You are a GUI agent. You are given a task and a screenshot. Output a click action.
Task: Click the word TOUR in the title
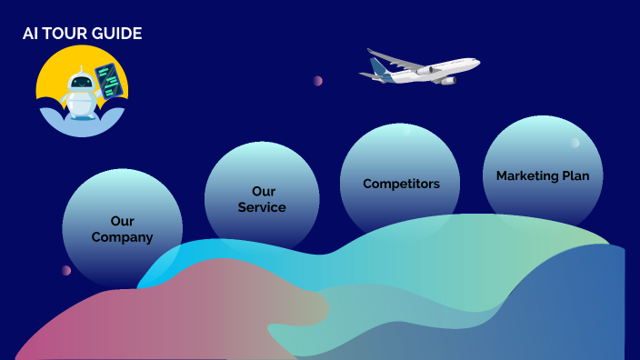pos(66,34)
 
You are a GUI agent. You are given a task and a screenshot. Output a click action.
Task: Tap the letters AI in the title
pos(30,34)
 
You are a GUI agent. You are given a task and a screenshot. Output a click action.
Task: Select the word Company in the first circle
pos(122,237)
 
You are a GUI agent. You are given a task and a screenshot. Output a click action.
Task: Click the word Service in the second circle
pos(262,207)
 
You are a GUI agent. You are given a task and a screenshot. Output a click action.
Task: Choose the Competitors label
pos(401,184)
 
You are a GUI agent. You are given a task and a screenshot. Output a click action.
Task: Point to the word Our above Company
pos(122,221)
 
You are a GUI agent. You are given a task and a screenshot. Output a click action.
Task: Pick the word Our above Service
pos(263,192)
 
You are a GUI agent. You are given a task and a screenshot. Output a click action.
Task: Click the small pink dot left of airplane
pos(317,81)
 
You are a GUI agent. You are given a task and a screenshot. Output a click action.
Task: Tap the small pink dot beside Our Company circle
pos(65,270)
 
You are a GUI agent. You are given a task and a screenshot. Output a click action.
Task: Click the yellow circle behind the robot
pos(55,73)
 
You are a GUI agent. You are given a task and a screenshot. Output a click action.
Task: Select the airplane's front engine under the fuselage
pos(445,80)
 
